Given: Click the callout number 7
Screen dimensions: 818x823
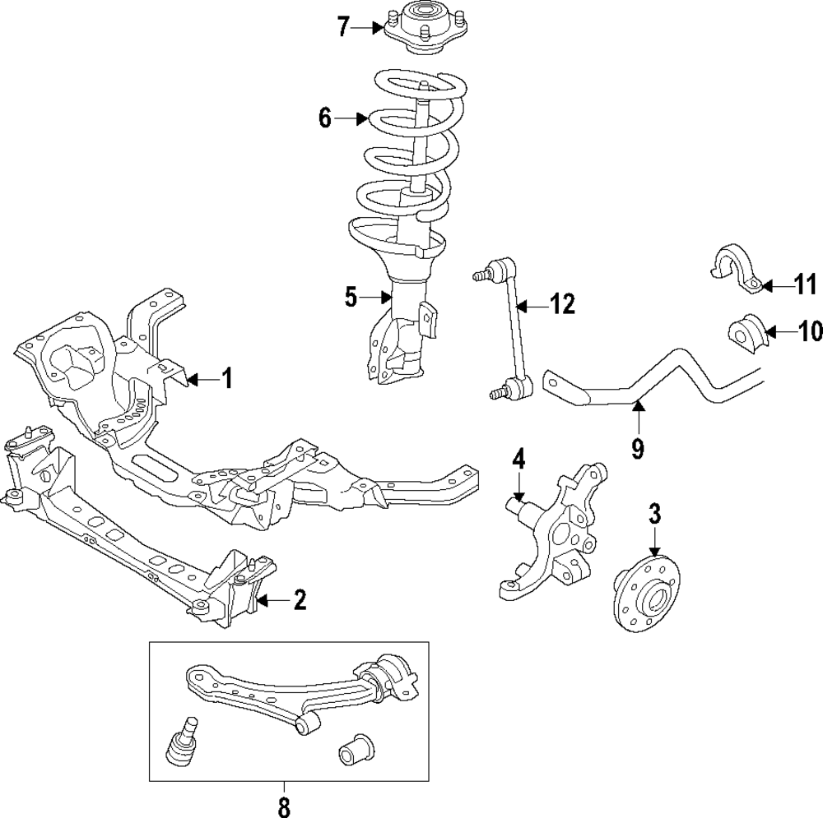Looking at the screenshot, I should [343, 27].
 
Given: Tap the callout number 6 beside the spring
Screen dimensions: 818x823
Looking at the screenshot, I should [326, 119].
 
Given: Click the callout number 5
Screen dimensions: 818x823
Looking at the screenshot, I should [351, 297].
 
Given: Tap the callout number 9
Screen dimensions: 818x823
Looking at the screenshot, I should [637, 449].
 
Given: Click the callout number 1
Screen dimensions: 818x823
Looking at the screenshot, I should [227, 379].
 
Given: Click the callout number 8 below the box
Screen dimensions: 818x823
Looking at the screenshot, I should [284, 807].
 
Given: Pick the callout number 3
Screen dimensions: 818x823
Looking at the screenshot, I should [655, 515].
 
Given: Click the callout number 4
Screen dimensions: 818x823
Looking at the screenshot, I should [518, 460].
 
